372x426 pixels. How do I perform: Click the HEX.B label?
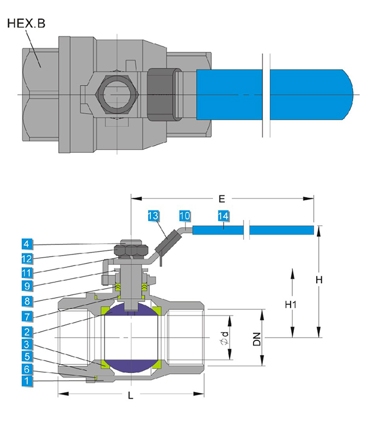27,23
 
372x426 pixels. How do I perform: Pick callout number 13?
153,216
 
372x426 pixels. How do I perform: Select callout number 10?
184,216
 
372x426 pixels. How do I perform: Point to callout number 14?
223,216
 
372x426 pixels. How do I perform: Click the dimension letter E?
222,199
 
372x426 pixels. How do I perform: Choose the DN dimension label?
257,338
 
